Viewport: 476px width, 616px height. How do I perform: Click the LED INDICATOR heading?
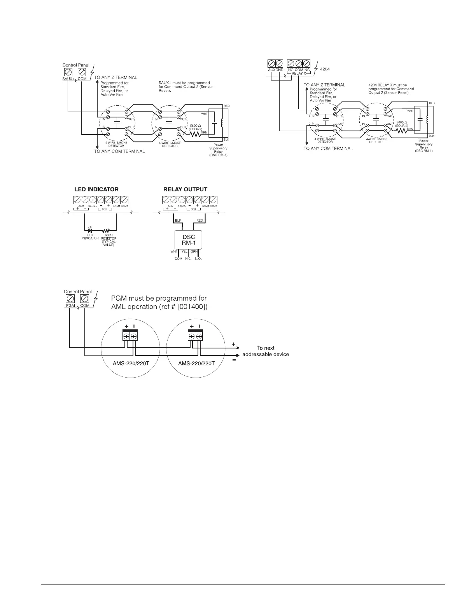96,189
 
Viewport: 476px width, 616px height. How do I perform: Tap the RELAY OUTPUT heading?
185,189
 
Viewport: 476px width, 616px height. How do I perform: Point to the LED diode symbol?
90,231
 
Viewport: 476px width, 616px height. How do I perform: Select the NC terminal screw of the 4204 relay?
306,63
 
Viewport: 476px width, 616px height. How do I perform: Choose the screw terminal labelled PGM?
70,299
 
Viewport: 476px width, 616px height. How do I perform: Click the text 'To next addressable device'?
266,351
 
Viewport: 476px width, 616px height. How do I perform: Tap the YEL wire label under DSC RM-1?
185,252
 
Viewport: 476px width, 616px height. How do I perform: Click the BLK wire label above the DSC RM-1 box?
178,220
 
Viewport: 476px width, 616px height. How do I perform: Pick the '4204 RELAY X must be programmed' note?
391,89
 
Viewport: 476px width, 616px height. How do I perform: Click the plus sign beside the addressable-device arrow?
233,344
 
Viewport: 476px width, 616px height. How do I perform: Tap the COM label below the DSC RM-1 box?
178,259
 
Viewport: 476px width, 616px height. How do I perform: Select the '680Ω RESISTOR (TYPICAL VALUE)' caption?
109,240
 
